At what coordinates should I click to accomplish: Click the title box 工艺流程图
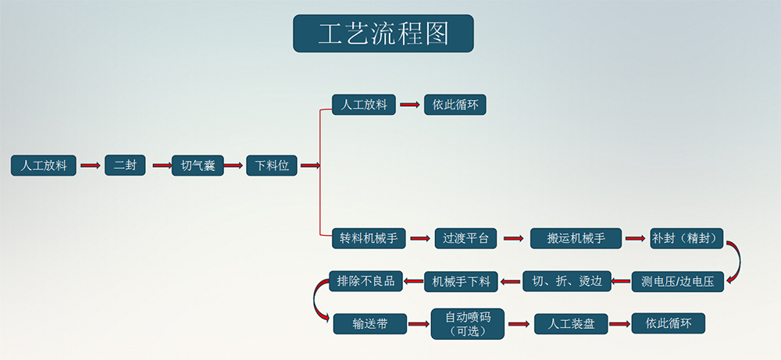pyautogui.click(x=383, y=34)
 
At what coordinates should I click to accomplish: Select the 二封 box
pyautogui.click(x=125, y=165)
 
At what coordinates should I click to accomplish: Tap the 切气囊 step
pyautogui.click(x=198, y=165)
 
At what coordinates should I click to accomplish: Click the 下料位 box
pyautogui.click(x=272, y=165)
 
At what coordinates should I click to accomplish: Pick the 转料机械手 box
pyautogui.click(x=368, y=238)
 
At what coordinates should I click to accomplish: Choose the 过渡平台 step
pyautogui.click(x=465, y=238)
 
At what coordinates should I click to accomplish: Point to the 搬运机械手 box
pyautogui.click(x=576, y=238)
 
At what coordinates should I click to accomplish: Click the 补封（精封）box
pyautogui.click(x=686, y=238)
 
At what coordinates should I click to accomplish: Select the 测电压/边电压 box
pyautogui.click(x=677, y=281)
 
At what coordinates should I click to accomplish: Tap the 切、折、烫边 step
pyautogui.click(x=566, y=281)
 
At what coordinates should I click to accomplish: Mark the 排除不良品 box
pyautogui.click(x=366, y=280)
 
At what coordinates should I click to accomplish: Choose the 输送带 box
pyautogui.click(x=370, y=323)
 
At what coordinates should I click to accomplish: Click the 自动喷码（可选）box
pyautogui.click(x=468, y=323)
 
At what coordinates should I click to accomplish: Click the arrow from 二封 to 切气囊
pyautogui.click(x=161, y=165)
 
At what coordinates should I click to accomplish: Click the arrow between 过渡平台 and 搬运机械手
pyautogui.click(x=512, y=238)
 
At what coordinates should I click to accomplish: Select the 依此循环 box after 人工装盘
pyautogui.click(x=669, y=323)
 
